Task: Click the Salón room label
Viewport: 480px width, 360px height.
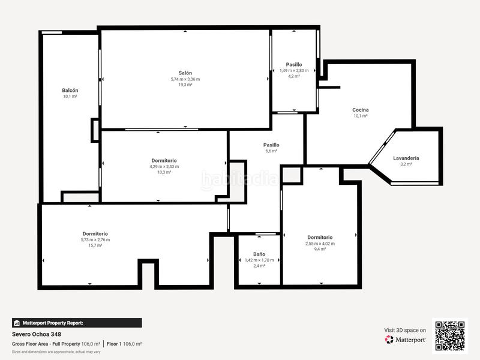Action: (185, 73)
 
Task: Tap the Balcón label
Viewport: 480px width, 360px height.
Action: (70, 90)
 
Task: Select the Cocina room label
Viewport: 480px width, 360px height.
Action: (360, 110)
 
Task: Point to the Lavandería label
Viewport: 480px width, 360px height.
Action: (406, 158)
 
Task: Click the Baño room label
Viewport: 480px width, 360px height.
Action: (259, 254)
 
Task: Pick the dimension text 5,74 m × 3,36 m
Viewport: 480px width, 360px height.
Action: (185, 79)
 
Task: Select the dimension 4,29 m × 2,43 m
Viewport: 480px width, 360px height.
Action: (164, 166)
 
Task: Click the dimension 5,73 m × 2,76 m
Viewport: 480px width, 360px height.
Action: (95, 239)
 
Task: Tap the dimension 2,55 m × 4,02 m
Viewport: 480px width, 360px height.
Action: (320, 244)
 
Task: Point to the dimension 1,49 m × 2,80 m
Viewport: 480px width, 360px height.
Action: (294, 70)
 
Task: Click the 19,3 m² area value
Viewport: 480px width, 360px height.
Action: (185, 85)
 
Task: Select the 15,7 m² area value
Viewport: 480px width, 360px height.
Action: (95, 245)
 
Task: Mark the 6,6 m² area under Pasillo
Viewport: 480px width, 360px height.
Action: (271, 151)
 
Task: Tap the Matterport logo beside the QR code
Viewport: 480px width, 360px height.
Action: (406, 340)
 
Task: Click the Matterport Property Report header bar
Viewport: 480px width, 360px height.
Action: (77, 323)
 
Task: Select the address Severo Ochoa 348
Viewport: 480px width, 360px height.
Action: (37, 334)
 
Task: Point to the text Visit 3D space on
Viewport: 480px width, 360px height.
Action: (405, 330)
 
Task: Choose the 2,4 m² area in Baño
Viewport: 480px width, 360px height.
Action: (259, 266)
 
